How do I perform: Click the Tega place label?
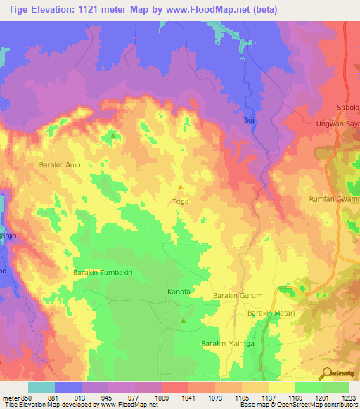coord(180,200)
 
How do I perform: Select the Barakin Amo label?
coord(60,164)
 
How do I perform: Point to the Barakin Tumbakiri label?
coord(103,271)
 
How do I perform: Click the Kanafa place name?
coord(179,291)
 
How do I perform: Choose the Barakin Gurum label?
coord(237,297)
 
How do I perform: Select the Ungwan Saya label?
coord(337,124)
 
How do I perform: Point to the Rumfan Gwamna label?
coord(335,200)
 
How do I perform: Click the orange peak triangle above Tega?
coord(181,187)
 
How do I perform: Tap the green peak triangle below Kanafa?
coord(184,321)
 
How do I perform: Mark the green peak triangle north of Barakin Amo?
coord(112,136)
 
